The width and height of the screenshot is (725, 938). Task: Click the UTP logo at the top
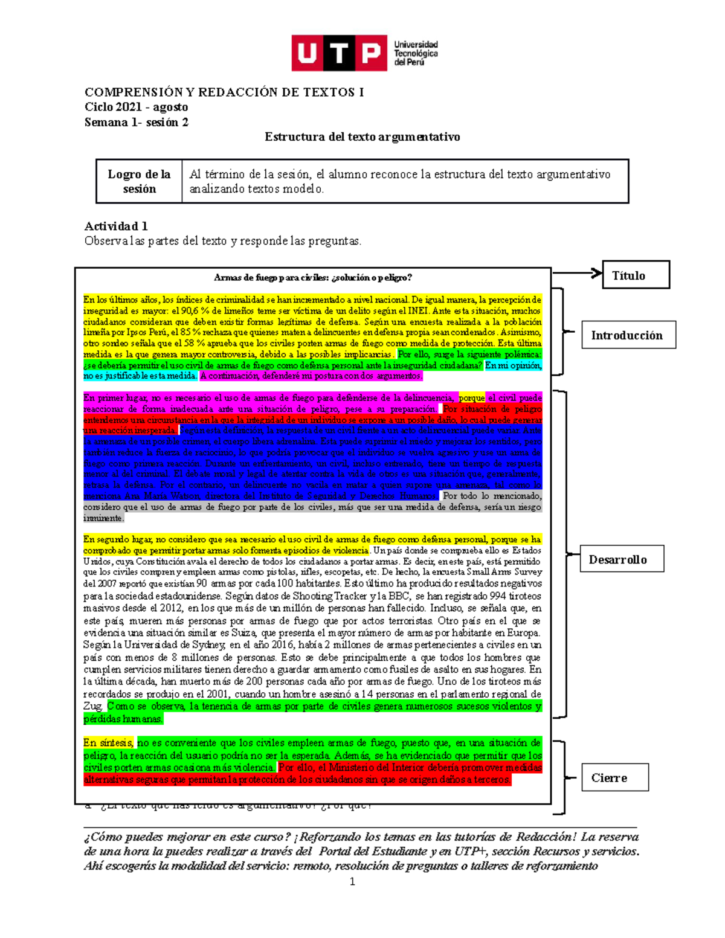pyautogui.click(x=339, y=53)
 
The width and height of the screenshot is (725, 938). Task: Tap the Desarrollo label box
pyautogui.click(x=622, y=559)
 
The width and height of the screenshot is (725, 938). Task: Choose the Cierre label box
pyautogui.click(x=614, y=777)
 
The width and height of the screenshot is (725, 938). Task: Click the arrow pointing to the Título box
pyautogui.click(x=578, y=273)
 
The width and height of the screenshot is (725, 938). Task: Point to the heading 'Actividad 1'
pyautogui.click(x=116, y=226)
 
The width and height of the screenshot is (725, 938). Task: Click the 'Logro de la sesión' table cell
pyautogui.click(x=140, y=181)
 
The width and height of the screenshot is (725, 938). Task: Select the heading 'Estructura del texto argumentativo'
pyautogui.click(x=362, y=137)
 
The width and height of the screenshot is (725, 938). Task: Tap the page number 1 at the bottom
pyautogui.click(x=352, y=882)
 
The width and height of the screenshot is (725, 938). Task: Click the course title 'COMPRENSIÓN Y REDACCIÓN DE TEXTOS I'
pyautogui.click(x=224, y=92)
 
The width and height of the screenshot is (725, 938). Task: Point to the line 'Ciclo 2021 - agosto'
pyautogui.click(x=136, y=107)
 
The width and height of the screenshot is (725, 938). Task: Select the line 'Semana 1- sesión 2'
pyautogui.click(x=136, y=122)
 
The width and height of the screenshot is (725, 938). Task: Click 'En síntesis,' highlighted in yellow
pyautogui.click(x=109, y=743)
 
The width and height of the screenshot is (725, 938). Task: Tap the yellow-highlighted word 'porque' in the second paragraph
pyautogui.click(x=472, y=398)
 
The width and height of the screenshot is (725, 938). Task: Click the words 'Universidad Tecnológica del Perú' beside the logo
pyautogui.click(x=416, y=53)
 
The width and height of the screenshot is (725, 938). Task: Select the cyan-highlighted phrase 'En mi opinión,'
pyautogui.click(x=513, y=365)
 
